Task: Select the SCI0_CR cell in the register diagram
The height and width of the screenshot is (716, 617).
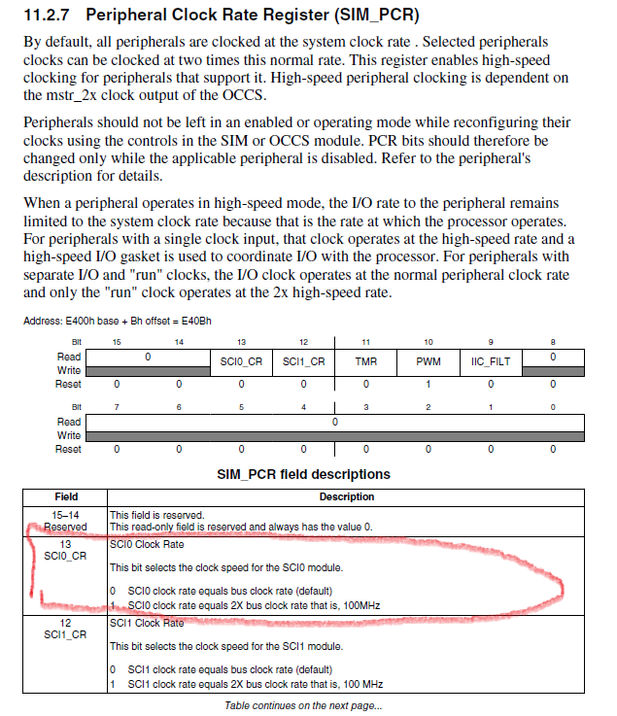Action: click(x=241, y=360)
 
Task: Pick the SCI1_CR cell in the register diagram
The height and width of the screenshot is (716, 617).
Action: click(x=303, y=360)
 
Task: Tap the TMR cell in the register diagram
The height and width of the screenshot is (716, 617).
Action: click(x=365, y=360)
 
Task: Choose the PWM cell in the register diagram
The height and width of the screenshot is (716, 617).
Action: click(x=428, y=360)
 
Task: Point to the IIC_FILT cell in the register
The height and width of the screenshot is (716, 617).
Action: click(x=491, y=360)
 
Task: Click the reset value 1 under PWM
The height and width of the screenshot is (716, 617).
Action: click(x=428, y=384)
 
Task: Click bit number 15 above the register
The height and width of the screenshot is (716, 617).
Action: click(x=118, y=341)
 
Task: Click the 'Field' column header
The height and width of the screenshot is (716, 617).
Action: click(x=66, y=496)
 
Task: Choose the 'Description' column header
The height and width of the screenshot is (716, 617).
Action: click(x=346, y=496)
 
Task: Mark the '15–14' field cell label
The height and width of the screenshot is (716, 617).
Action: click(x=66, y=514)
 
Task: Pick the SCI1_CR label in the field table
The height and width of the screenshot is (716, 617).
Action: click(x=66, y=634)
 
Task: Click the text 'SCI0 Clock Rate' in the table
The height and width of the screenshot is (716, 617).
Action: click(x=147, y=545)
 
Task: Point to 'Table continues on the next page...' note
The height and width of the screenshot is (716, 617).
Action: click(x=303, y=705)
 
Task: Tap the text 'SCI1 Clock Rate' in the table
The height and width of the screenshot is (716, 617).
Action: click(x=147, y=623)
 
